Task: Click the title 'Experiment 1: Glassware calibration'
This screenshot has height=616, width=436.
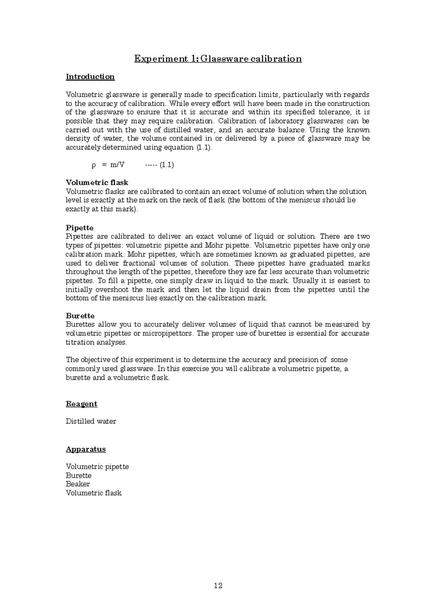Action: click(218, 59)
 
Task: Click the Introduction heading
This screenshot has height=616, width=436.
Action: click(90, 77)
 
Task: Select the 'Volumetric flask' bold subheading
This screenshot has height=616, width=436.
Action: click(97, 182)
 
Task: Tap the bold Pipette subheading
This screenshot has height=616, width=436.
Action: click(80, 228)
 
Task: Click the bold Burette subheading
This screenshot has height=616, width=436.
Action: click(80, 316)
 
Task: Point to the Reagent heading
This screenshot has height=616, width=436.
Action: click(81, 404)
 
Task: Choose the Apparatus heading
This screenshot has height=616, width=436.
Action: click(86, 449)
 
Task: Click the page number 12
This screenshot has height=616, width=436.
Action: click(218, 585)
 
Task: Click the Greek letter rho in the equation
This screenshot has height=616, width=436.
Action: click(93, 165)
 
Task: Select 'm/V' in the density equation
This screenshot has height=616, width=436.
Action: click(117, 165)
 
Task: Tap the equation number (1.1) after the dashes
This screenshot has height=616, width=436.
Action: click(167, 165)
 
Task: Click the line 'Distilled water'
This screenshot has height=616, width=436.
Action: click(91, 421)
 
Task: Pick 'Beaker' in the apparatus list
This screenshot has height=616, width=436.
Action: click(78, 484)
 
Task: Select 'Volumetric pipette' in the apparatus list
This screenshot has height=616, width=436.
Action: click(97, 467)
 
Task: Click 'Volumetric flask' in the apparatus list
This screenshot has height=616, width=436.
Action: click(94, 493)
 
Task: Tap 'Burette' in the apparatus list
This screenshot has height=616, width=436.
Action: click(78, 475)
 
